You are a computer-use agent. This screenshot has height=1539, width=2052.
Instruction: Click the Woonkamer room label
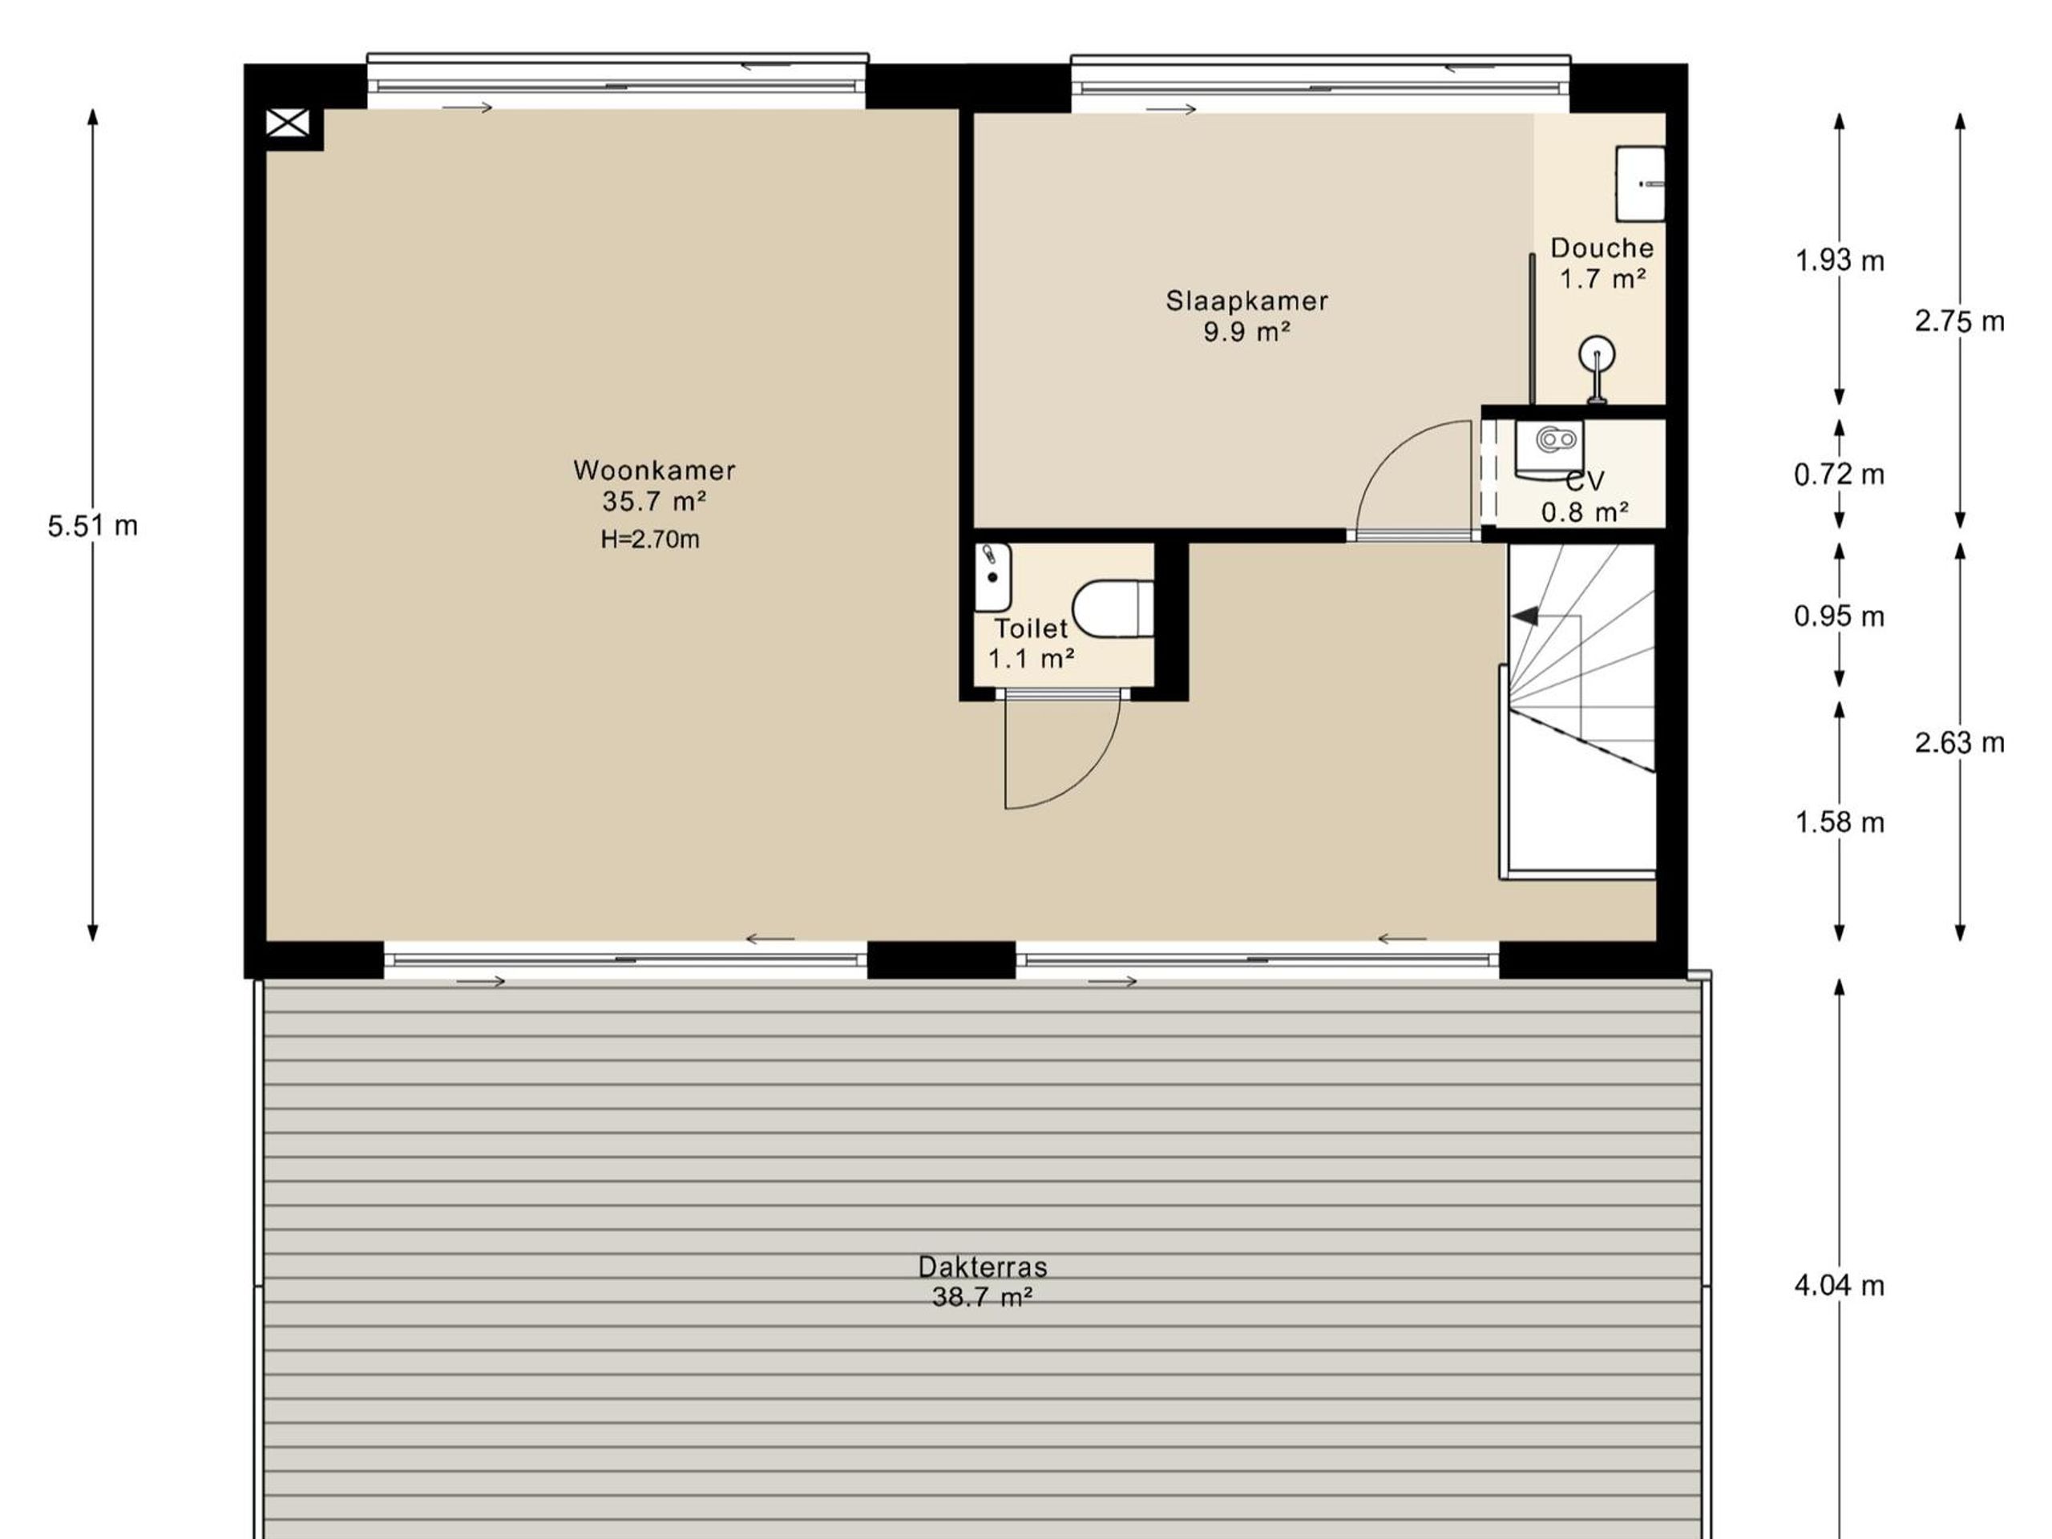click(x=654, y=471)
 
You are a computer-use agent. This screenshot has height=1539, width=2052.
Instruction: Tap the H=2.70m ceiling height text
click(x=650, y=539)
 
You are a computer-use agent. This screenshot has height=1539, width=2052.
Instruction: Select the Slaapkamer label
click(x=1246, y=301)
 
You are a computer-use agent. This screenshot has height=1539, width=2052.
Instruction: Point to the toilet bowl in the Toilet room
click(x=1113, y=608)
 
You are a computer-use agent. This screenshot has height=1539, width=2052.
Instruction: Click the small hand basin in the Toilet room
click(x=992, y=577)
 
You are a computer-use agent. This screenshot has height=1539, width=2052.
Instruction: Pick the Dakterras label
click(x=983, y=1266)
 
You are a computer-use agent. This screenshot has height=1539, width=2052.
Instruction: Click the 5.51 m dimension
click(x=93, y=526)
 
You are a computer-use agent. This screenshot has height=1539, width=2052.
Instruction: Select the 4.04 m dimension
click(x=1840, y=1285)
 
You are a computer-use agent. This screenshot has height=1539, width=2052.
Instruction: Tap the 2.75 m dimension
click(x=1960, y=321)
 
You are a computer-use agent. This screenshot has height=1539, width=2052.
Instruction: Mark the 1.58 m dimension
click(x=1840, y=822)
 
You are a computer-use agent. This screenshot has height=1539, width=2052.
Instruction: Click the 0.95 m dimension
click(x=1840, y=616)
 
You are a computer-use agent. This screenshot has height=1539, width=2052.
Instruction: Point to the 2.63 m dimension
click(x=1960, y=742)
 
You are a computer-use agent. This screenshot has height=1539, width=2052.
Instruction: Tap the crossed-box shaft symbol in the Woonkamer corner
click(x=288, y=123)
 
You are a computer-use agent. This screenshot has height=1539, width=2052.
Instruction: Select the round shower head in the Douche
click(x=1597, y=353)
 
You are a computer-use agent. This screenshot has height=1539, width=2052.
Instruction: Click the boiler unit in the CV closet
click(x=1549, y=449)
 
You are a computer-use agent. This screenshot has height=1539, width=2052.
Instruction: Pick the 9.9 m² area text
click(x=1246, y=331)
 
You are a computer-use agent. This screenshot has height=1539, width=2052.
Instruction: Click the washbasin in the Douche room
click(x=1640, y=184)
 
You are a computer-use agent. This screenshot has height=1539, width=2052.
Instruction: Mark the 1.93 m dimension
click(x=1840, y=261)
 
